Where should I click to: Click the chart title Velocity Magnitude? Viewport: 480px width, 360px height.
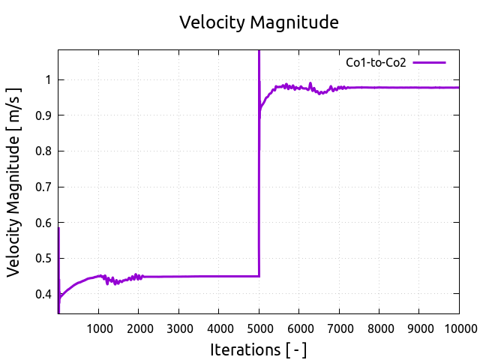point(259,22)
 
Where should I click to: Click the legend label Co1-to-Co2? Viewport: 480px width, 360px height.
point(376,63)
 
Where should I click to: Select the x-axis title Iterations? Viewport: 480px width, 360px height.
point(258,349)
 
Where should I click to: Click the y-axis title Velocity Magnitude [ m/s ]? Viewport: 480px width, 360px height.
point(14,182)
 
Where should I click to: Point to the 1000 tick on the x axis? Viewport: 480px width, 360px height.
point(99,328)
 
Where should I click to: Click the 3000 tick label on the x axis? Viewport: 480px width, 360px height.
point(178,328)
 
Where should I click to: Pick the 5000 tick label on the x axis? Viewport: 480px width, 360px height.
point(259,328)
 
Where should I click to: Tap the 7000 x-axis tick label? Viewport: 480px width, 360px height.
point(339,328)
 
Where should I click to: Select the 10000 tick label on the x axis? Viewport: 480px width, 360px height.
point(459,328)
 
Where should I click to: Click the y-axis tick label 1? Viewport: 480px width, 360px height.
point(49,80)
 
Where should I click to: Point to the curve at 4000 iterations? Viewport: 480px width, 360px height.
point(219,276)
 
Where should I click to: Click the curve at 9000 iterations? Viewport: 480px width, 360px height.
point(419,88)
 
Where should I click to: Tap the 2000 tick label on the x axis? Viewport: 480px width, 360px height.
point(139,328)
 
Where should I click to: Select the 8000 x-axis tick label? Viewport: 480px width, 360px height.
point(379,328)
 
